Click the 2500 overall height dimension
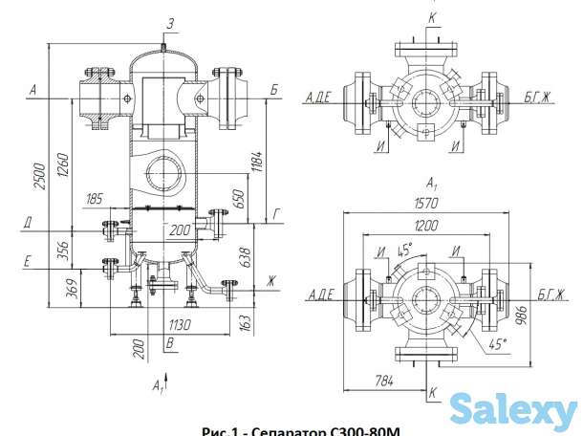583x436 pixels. [x=37, y=171]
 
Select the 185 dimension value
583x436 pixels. [x=94, y=199]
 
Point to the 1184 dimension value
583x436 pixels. [x=257, y=160]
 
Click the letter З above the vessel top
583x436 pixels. [x=169, y=22]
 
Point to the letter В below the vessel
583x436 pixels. [x=169, y=342]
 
